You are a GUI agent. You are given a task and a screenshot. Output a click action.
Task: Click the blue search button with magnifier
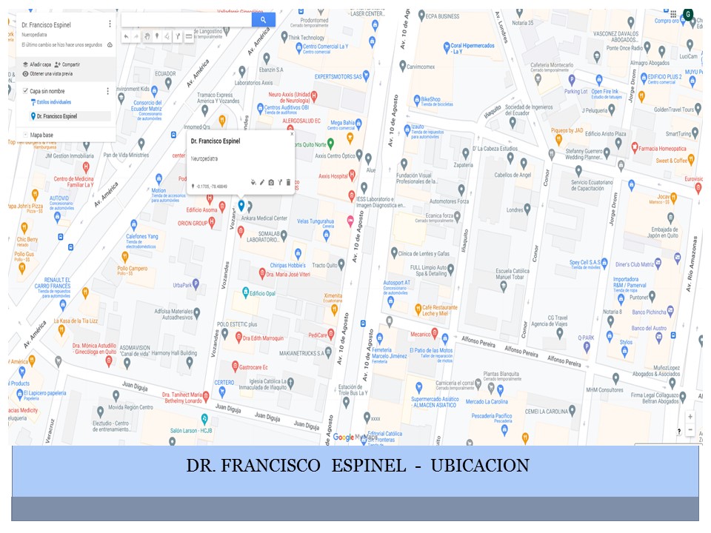tap(263, 20)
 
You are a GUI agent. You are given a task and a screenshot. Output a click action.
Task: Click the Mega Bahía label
tap(343, 122)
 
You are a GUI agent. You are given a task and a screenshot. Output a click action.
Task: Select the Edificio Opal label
tap(263, 293)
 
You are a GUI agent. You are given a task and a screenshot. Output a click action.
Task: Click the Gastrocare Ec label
tap(253, 366)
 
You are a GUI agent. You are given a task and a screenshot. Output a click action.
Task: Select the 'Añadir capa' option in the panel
tap(41, 64)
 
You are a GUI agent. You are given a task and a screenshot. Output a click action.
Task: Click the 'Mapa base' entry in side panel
tap(41, 135)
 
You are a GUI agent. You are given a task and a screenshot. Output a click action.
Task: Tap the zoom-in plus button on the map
tap(690, 417)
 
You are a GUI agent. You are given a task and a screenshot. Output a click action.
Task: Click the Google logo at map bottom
tap(343, 437)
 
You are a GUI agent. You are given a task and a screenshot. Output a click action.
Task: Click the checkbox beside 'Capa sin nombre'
tap(24, 90)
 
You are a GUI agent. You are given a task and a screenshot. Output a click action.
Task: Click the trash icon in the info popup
tap(288, 181)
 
